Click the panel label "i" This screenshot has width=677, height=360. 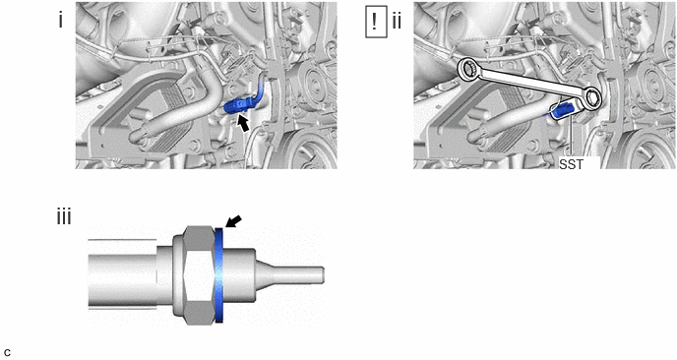click(x=60, y=20)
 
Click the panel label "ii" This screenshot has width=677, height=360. click(x=397, y=21)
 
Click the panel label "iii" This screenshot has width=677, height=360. click(x=64, y=217)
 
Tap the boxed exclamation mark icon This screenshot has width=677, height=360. click(x=376, y=23)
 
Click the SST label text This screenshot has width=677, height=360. click(x=571, y=164)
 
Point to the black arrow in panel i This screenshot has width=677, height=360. click(x=244, y=124)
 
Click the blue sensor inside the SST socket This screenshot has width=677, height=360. click(x=561, y=111)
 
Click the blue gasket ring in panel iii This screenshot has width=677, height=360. click(x=218, y=275)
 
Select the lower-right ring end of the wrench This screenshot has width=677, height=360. click(x=592, y=97)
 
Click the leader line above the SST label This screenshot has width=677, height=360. click(x=571, y=138)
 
